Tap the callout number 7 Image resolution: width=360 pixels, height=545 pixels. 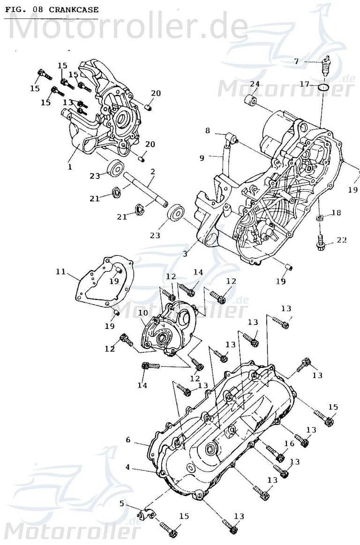[x=296, y=61]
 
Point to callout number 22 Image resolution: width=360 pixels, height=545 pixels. [x=342, y=240]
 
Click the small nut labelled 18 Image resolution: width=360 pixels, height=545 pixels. [x=319, y=219]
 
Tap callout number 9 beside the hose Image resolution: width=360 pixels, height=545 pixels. [x=202, y=158]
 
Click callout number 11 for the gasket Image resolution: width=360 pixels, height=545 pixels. [x=60, y=271]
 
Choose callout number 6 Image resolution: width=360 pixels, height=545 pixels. [x=127, y=440]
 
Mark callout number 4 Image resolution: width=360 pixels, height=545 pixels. [x=127, y=467]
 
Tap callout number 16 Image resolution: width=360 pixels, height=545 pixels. [x=289, y=443]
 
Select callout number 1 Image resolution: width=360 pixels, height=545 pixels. [x=70, y=166]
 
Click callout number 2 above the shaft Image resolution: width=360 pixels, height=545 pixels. [x=152, y=172]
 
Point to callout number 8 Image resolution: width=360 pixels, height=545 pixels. [x=208, y=131]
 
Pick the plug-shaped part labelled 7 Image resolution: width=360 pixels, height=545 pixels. [x=324, y=66]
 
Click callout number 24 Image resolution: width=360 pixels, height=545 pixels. [x=255, y=83]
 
